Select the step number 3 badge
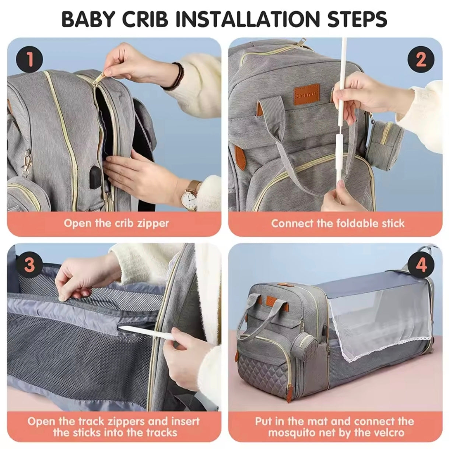(x=30, y=265)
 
